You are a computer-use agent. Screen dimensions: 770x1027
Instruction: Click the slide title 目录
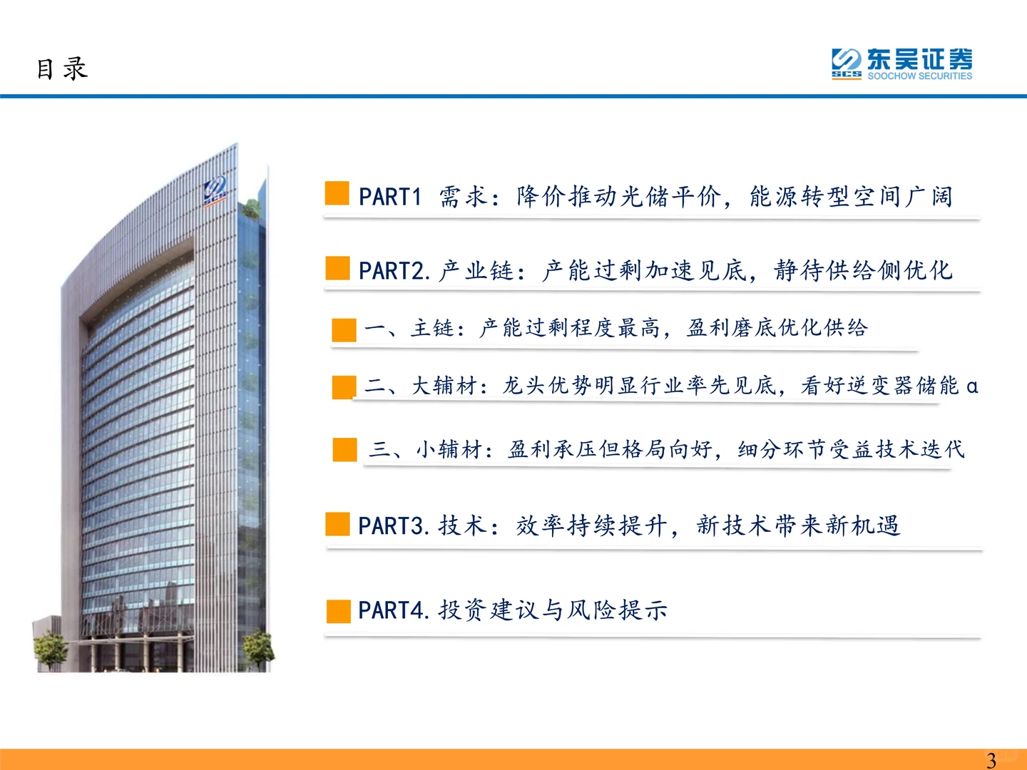point(62,69)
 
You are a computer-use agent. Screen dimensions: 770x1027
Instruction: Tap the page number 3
point(991,760)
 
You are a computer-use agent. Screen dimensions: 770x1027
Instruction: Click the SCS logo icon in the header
point(847,62)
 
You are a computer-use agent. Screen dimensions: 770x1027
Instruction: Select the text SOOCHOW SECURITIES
point(919,76)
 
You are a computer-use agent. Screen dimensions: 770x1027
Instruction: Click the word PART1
point(390,197)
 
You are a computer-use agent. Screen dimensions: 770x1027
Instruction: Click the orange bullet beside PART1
point(337,193)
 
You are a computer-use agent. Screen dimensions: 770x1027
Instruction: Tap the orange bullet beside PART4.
point(338,611)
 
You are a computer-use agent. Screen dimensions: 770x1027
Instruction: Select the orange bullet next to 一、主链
point(344,330)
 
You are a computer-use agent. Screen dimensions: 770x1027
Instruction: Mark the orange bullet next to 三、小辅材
point(344,450)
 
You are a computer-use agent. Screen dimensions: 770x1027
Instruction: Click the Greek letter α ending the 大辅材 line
point(971,386)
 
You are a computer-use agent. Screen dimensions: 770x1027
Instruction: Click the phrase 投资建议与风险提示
point(553,610)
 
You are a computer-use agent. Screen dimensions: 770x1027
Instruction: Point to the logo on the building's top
point(215,190)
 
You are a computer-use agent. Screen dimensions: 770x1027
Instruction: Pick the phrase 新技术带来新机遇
point(798,526)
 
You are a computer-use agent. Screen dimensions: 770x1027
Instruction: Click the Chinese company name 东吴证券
point(919,59)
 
